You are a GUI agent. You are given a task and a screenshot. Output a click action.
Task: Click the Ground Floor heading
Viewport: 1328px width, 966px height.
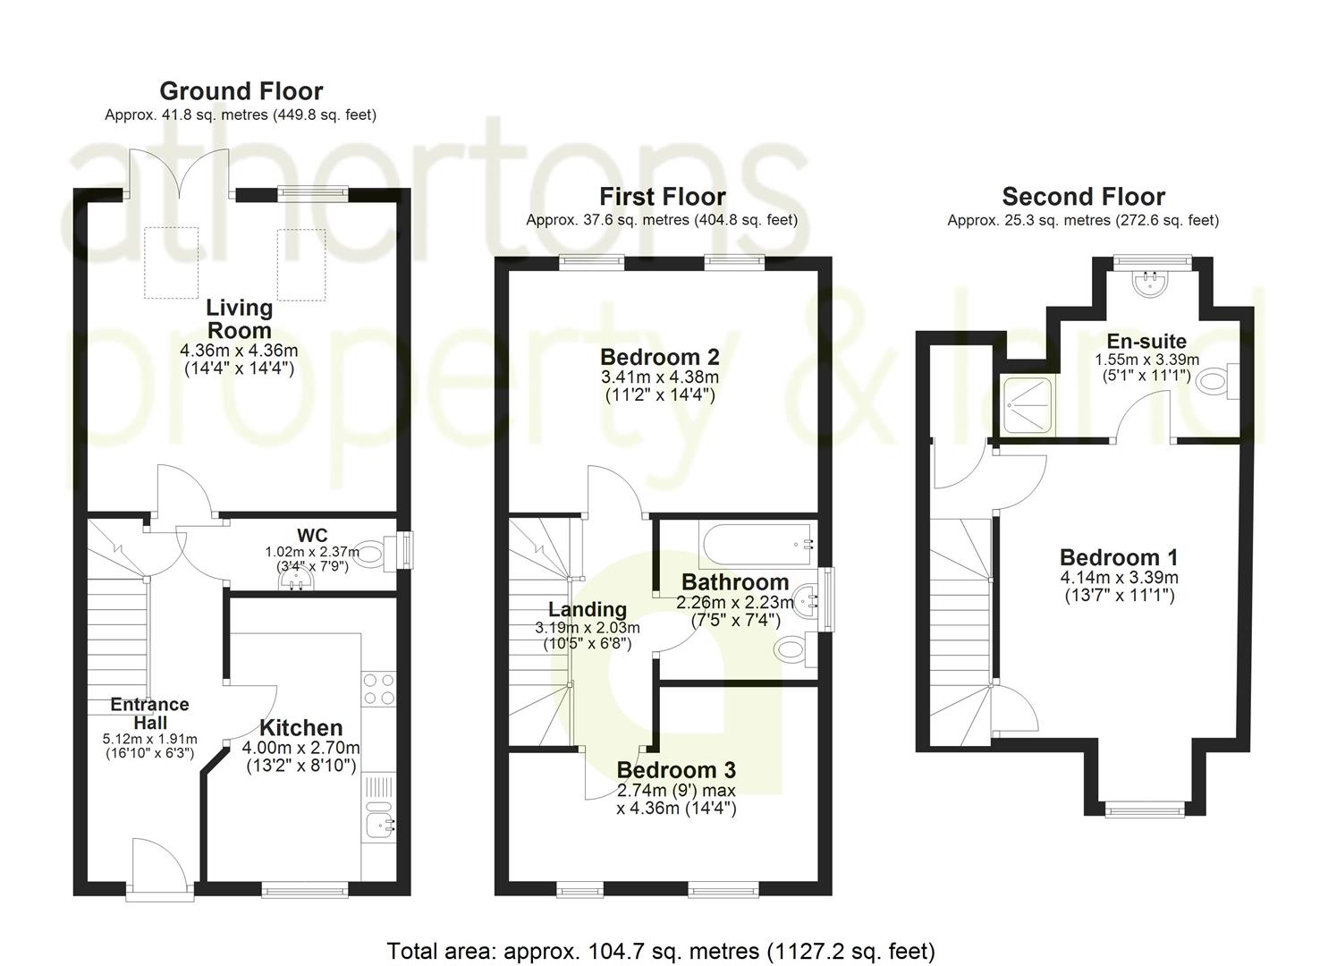241,91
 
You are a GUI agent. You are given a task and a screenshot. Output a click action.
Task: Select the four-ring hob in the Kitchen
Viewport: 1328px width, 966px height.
379,689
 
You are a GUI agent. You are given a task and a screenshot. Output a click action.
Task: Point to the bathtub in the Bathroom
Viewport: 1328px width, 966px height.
757,544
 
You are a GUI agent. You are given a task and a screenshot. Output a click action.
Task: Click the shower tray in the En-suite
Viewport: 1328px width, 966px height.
1028,404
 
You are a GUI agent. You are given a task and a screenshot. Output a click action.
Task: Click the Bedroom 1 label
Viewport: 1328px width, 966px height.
1119,557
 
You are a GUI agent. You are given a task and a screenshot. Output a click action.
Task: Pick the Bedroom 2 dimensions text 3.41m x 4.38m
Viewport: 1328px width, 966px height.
660,377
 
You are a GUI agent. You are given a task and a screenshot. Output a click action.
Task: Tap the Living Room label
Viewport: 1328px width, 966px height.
240,319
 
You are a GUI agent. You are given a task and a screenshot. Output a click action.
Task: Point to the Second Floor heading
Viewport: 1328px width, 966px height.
1084,196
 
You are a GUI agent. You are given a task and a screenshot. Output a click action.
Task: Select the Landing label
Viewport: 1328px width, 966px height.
588,609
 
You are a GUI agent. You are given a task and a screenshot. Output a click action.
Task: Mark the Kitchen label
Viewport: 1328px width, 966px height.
301,727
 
